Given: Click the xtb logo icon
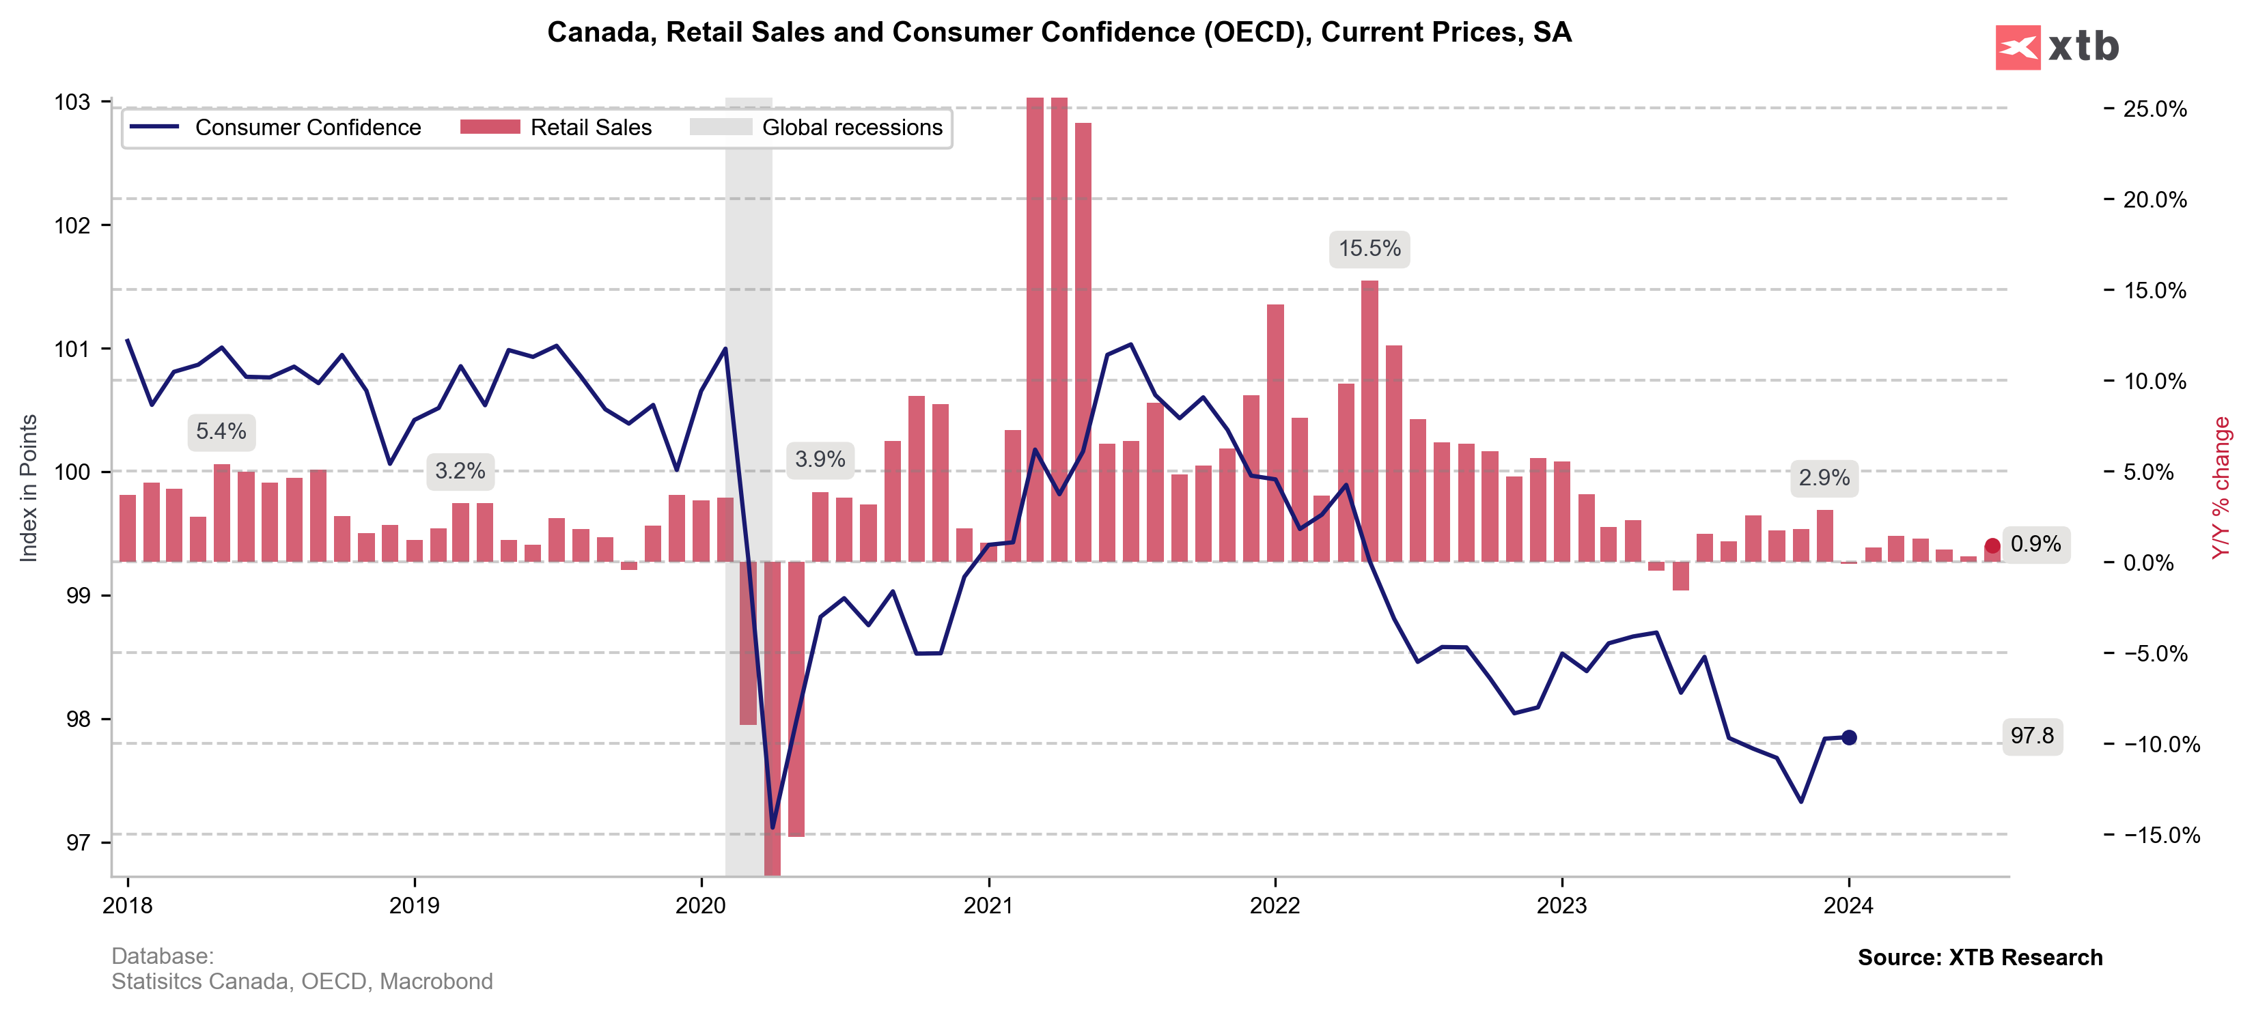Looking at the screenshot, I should click(2018, 47).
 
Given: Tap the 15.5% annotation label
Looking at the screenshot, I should click(1369, 249).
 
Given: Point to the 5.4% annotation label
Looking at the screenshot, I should click(221, 432).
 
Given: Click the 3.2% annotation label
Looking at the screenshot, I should click(460, 472).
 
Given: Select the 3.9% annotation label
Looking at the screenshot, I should click(820, 460).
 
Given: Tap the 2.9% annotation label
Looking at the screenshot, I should click(1824, 479).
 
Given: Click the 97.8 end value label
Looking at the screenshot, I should click(2032, 736).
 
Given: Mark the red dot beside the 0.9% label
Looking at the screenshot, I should click(1992, 547).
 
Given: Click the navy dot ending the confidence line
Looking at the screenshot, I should click(1849, 737).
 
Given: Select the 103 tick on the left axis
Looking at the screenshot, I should click(72, 102).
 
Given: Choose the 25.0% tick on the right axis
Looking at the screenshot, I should click(2155, 109).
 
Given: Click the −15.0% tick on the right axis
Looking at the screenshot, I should click(2155, 836).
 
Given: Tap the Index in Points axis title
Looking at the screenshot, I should click(29, 488).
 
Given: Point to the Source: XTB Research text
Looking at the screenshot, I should click(1979, 958).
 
